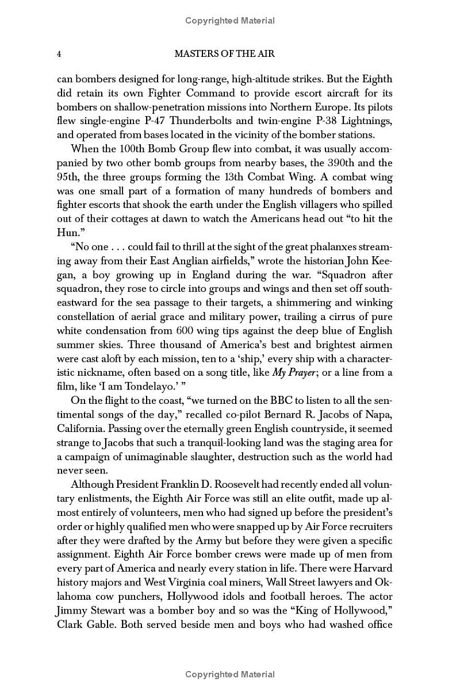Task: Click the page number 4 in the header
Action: pos(59,54)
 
